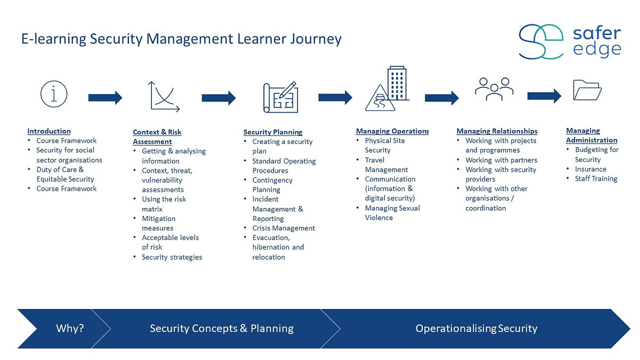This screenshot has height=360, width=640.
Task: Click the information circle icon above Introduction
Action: (x=54, y=95)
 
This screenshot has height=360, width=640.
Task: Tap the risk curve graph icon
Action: (x=164, y=96)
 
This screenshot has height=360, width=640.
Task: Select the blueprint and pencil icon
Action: (x=280, y=97)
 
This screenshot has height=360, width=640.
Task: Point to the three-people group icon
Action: (x=494, y=89)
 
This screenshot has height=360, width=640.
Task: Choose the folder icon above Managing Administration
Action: (x=587, y=90)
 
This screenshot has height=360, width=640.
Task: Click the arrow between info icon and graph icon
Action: (x=105, y=98)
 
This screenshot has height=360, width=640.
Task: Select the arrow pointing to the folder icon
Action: (x=544, y=96)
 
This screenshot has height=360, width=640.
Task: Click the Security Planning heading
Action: (x=272, y=132)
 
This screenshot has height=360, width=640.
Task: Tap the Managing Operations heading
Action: (x=392, y=131)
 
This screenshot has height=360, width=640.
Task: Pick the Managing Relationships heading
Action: (x=497, y=131)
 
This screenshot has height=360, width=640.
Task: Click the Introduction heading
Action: (x=49, y=131)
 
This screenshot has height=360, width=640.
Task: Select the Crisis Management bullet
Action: (x=284, y=228)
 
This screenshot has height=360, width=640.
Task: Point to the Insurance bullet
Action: (x=590, y=169)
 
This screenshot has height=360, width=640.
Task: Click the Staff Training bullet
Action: (x=596, y=179)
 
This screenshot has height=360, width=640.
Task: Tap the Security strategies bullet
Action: (x=172, y=258)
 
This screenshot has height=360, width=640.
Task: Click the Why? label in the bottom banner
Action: (x=70, y=329)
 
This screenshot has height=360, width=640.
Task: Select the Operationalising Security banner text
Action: (x=476, y=329)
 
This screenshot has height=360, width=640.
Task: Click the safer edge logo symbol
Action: (x=540, y=41)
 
